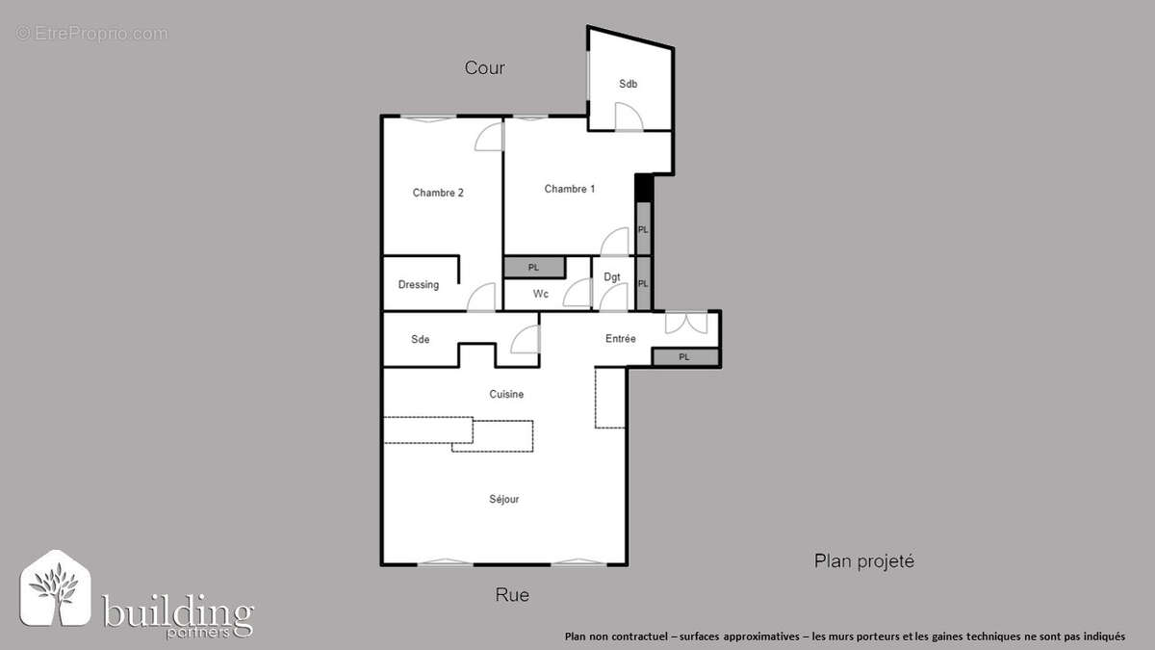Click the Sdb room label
[628, 84]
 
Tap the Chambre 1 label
[569, 189]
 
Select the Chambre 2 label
[438, 193]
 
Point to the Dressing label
[419, 285]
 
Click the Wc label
[541, 294]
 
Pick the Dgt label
[612, 277]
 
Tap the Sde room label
[421, 339]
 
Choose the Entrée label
[620, 339]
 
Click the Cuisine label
[506, 395]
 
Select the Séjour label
[504, 500]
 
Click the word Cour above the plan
[484, 67]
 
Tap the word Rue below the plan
[512, 595]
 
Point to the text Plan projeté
[864, 561]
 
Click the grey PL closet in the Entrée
[685, 357]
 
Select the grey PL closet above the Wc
[534, 268]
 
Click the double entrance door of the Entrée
[687, 322]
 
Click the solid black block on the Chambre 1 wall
[644, 189]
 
